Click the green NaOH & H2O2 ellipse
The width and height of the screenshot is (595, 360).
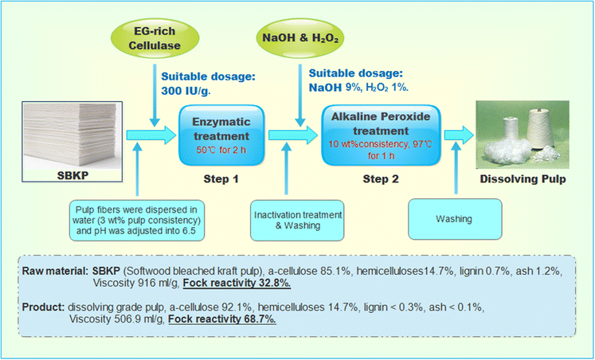tap(296, 38)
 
